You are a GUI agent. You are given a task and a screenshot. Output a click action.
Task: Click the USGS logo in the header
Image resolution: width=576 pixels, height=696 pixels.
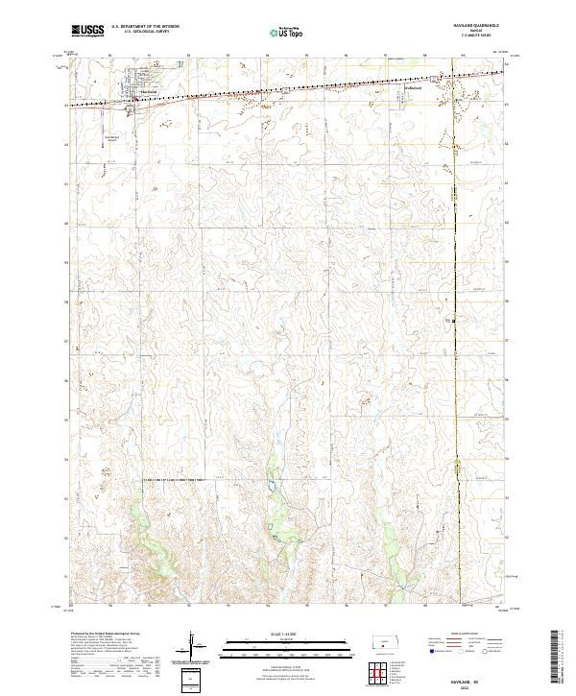click(88, 31)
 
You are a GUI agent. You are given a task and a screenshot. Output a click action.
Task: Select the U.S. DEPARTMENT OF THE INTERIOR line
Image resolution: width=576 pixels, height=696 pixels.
click(144, 27)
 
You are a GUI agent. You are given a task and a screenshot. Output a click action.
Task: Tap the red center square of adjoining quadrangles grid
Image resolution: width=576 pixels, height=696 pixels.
click(383, 667)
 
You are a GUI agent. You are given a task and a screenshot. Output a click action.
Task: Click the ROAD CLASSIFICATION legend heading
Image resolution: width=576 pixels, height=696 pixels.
click(466, 635)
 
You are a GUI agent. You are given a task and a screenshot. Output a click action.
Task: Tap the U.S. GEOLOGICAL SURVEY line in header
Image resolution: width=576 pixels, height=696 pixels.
click(144, 33)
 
